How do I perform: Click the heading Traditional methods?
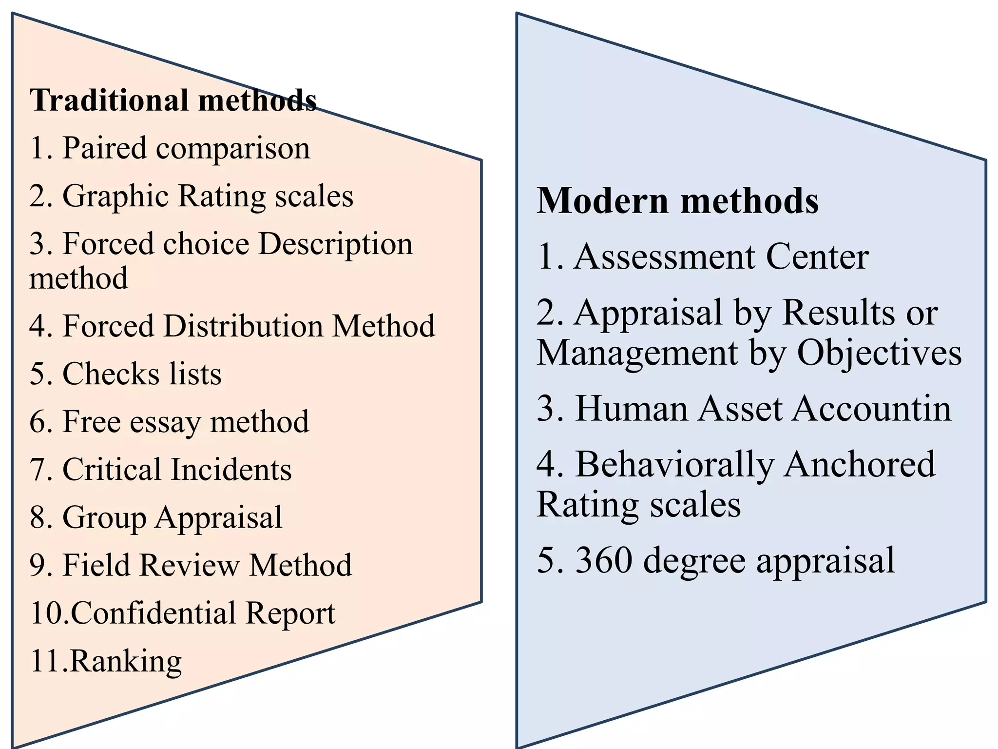click(173, 100)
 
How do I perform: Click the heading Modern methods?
click(677, 201)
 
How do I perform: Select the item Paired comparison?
click(170, 148)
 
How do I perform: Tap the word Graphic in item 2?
click(115, 197)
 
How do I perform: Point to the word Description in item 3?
click(335, 243)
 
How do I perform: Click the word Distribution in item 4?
click(243, 326)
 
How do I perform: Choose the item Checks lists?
click(126, 374)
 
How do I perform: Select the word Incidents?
click(231, 470)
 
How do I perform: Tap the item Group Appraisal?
click(156, 517)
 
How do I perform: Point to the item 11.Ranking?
click(106, 661)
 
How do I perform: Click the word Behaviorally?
click(674, 464)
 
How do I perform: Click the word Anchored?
click(860, 464)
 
